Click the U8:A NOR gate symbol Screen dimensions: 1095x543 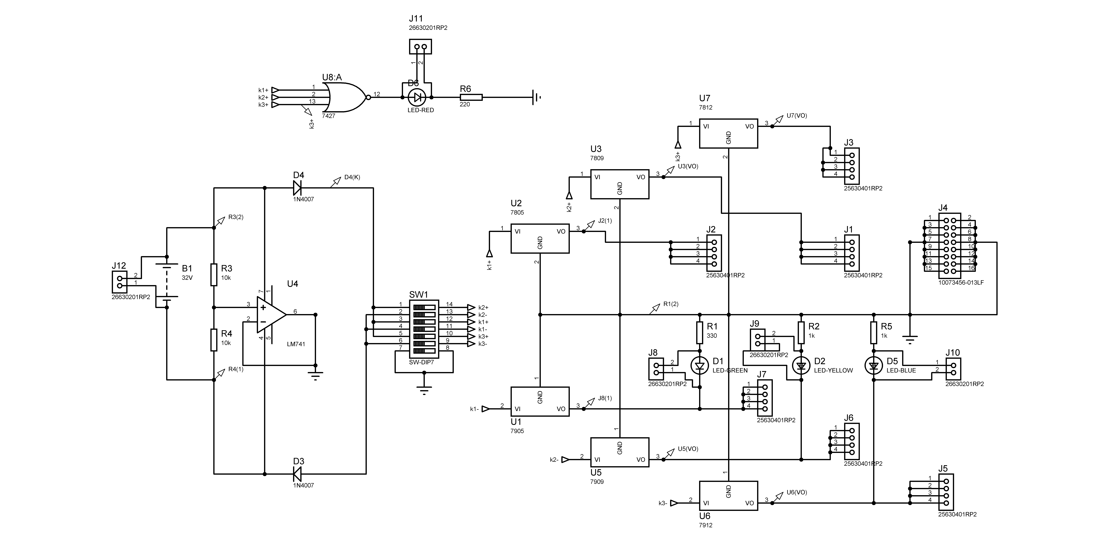pos(345,97)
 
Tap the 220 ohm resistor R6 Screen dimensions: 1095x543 pos(471,97)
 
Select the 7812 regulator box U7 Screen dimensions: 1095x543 pos(729,133)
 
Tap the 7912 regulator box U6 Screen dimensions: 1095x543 pos(729,495)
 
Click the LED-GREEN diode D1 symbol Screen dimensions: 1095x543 pos(700,365)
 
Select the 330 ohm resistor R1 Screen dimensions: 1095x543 pos(700,333)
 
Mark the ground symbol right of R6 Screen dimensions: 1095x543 pos(536,97)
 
